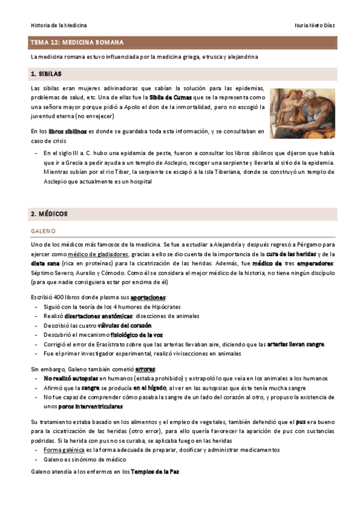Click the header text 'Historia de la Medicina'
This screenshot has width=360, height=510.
[59, 25]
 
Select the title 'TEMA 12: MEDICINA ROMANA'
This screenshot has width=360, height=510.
[77, 43]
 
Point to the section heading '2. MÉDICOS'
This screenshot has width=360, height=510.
[49, 214]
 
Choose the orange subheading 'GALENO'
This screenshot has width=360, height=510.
[43, 231]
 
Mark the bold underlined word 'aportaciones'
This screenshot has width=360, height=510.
[148, 298]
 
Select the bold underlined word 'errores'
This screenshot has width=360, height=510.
[145, 369]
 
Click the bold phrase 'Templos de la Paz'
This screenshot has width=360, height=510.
[154, 472]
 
